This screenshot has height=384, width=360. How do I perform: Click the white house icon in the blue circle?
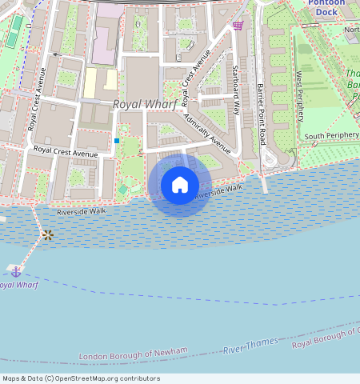pyautogui.click(x=180, y=185)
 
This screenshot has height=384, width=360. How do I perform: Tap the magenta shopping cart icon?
pyautogui.click(x=238, y=26)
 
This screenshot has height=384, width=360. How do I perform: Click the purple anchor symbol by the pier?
pyautogui.click(x=15, y=271)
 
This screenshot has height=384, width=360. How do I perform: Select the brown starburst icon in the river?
pyautogui.click(x=48, y=234)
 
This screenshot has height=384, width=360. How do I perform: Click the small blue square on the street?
pyautogui.click(x=117, y=141)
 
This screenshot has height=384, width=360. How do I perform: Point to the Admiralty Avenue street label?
pyautogui.click(x=206, y=133)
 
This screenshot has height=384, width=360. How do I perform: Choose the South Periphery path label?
pyautogui.click(x=330, y=136)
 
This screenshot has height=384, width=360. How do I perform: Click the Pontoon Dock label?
pyautogui.click(x=328, y=7)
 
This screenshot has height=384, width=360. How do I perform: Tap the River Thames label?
pyautogui.click(x=250, y=346)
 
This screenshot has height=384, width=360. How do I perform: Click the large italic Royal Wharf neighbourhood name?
pyautogui.click(x=144, y=105)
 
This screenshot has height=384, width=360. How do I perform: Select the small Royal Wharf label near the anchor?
pyautogui.click(x=18, y=285)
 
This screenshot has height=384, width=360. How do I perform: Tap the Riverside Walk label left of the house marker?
pyautogui.click(x=82, y=211)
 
